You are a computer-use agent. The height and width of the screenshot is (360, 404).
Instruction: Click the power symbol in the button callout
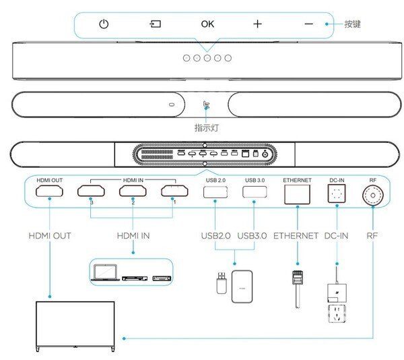point(104,24)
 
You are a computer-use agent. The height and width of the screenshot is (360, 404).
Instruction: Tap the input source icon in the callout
point(155,24)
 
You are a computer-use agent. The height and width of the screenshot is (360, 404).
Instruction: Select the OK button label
point(207,24)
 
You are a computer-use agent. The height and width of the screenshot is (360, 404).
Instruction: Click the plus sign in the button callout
point(257,24)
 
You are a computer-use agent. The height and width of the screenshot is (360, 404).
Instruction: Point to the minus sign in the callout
point(308,24)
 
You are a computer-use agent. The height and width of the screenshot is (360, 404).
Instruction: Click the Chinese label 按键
point(352,24)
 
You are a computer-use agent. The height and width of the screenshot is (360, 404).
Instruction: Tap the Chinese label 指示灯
point(207,127)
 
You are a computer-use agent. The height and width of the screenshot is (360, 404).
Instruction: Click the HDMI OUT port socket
point(49,191)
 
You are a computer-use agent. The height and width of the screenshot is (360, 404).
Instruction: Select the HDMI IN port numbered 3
point(91,191)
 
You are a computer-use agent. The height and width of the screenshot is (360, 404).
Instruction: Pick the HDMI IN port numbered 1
point(174,191)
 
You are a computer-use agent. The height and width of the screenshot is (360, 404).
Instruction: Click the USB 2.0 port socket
point(215,192)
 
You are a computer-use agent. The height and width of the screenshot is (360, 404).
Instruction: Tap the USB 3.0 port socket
point(255,192)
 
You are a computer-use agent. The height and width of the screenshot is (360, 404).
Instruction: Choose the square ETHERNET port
point(297,194)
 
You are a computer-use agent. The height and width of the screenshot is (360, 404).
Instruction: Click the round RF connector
point(373,196)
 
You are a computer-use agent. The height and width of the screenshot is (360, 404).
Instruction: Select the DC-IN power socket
point(337,193)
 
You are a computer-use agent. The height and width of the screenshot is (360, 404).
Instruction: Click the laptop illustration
point(105,272)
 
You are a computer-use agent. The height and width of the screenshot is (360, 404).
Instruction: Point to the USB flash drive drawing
point(222,283)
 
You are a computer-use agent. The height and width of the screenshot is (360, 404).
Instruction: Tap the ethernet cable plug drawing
point(298,289)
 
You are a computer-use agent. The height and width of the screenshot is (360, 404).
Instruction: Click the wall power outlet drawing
point(337,313)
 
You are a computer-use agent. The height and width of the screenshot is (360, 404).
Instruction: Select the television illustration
point(75,326)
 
